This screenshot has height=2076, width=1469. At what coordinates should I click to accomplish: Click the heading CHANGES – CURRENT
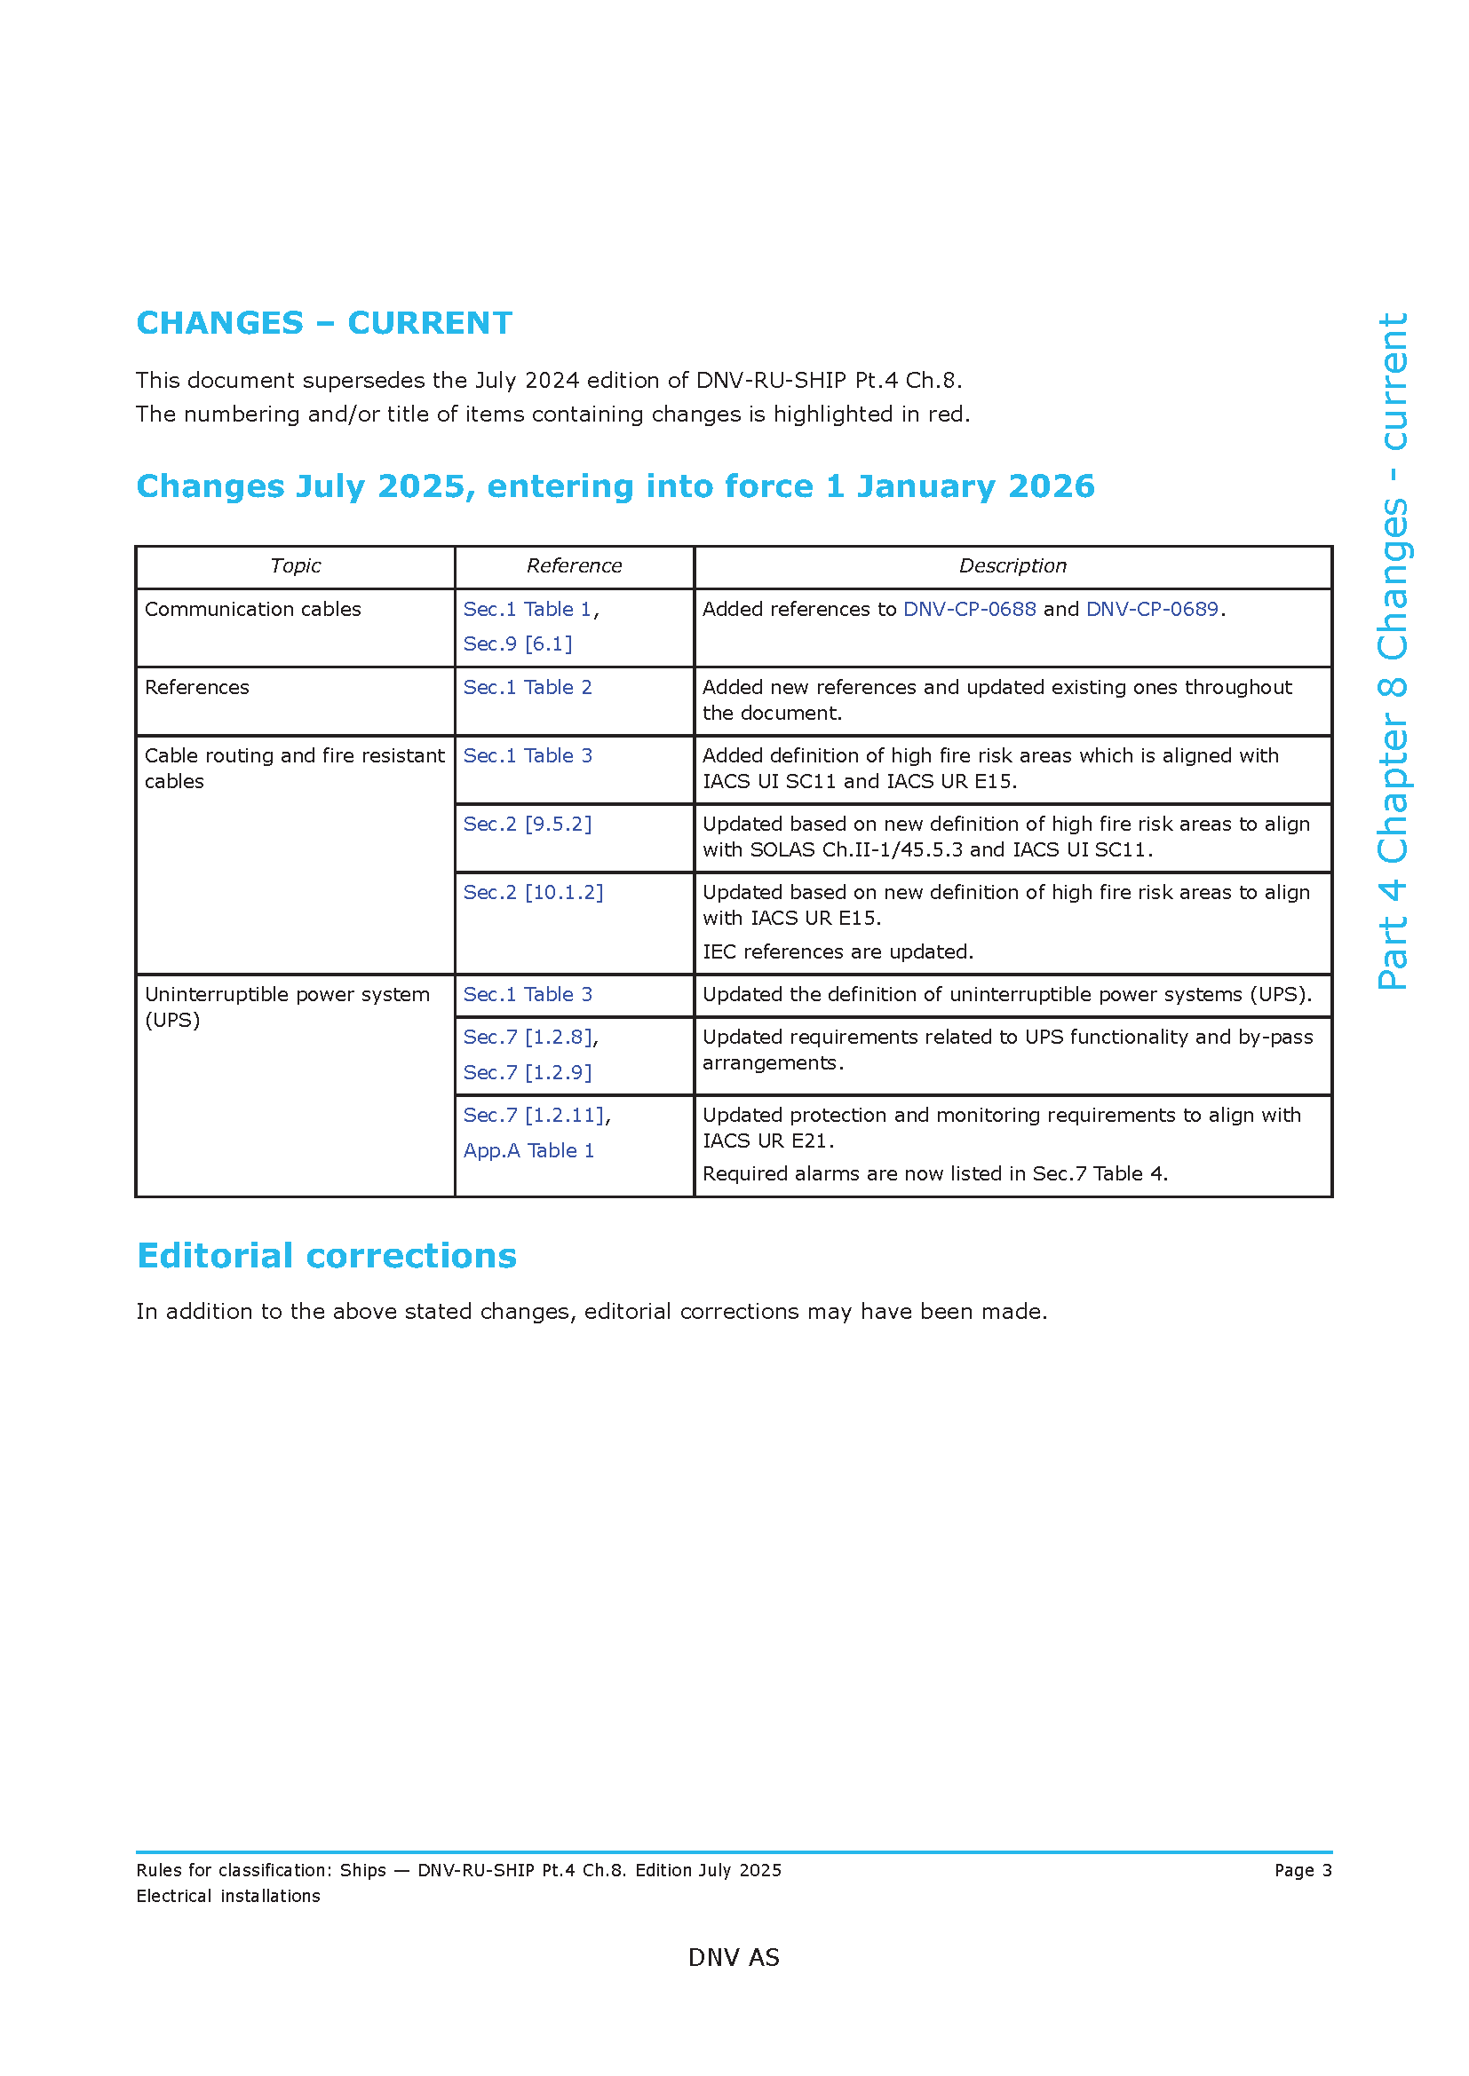pos(324,323)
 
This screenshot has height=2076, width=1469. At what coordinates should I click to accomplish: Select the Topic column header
pos(295,566)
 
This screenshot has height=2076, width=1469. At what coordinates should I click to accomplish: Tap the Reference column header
pos(574,566)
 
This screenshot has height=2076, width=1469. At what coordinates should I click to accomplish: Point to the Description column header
pos(1012,566)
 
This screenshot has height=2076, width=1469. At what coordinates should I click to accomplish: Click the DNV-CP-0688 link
pos(969,610)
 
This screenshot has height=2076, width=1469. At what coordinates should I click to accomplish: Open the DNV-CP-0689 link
pos(1152,610)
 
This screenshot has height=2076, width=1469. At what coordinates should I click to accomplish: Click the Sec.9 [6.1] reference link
pos(518,643)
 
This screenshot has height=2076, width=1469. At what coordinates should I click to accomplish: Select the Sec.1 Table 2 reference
pos(528,687)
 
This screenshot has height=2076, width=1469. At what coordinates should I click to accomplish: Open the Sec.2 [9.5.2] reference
pos(528,824)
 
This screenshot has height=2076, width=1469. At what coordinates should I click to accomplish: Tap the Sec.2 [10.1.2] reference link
pos(533,892)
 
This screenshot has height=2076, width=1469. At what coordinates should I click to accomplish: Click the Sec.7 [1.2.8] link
pos(528,1037)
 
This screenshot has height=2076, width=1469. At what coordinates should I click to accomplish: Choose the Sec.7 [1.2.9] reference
pos(528,1072)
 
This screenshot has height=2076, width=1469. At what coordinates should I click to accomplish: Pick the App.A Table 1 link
pos(528,1150)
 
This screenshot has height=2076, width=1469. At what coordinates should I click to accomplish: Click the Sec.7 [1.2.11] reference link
pos(534,1115)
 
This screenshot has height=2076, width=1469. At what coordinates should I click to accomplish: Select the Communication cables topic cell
pos(252,610)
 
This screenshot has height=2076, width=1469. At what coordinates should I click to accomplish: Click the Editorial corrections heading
pos(327,1256)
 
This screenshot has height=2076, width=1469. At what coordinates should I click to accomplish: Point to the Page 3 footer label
pos(1303,1870)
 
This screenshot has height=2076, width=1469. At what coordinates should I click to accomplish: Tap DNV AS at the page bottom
pos(734,1958)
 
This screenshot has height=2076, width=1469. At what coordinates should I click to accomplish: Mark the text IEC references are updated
pos(838,951)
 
